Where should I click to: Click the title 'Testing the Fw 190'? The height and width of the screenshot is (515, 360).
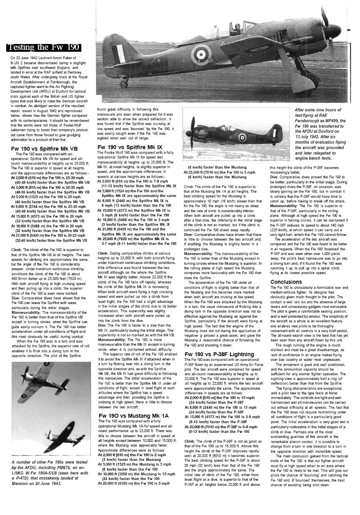coord(44,47)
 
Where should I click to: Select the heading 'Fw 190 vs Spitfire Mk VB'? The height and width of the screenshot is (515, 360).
coord(44,149)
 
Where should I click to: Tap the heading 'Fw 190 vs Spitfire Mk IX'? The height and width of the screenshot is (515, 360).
coord(130,147)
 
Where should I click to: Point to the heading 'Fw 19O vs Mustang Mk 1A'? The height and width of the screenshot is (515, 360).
coord(133,416)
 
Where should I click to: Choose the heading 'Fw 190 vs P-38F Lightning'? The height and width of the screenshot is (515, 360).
coord(219,354)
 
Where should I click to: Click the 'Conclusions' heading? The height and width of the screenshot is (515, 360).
coord(286,282)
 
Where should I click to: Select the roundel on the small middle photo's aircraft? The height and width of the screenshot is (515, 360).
coord(242,137)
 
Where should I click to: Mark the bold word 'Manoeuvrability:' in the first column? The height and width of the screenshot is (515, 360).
coord(25,313)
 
